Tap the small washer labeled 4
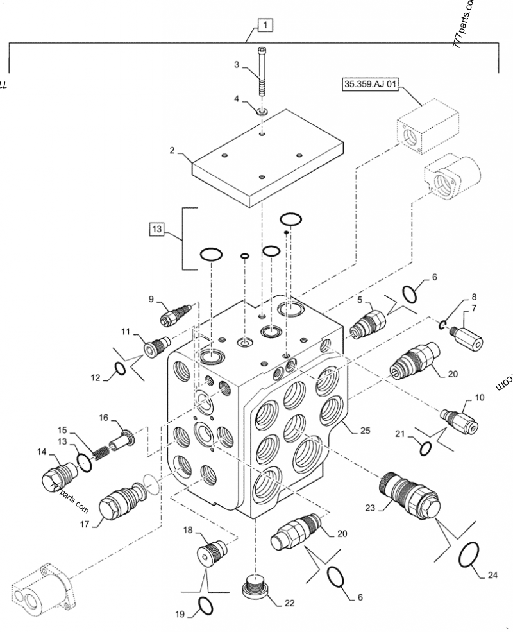(x=262, y=112)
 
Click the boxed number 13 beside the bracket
(x=157, y=228)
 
